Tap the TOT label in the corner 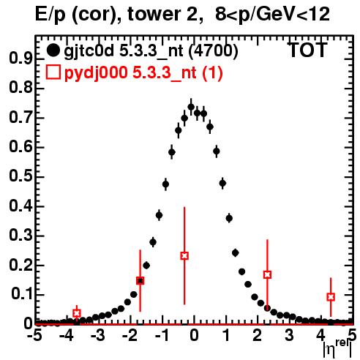pyautogui.click(x=308, y=50)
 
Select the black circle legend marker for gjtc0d pyautogui.click(x=53, y=50)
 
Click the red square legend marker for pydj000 pyautogui.click(x=53, y=72)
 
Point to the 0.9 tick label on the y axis pyautogui.click(x=20, y=59)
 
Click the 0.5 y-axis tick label pyautogui.click(x=20, y=176)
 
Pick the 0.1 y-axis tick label pyautogui.click(x=21, y=294)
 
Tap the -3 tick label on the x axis pyautogui.click(x=98, y=336)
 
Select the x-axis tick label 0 pyautogui.click(x=194, y=336)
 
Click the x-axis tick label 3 pyautogui.click(x=289, y=336)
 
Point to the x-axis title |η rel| pyautogui.click(x=338, y=349)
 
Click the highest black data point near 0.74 pyautogui.click(x=191, y=107)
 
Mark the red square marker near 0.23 pyautogui.click(x=184, y=256)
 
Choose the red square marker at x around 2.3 pyautogui.click(x=267, y=274)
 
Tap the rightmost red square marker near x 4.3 pyautogui.click(x=331, y=297)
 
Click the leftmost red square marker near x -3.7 pyautogui.click(x=77, y=313)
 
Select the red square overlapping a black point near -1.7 pyautogui.click(x=140, y=281)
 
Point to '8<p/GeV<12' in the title pyautogui.click(x=272, y=15)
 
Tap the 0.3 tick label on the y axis pyautogui.click(x=20, y=236)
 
